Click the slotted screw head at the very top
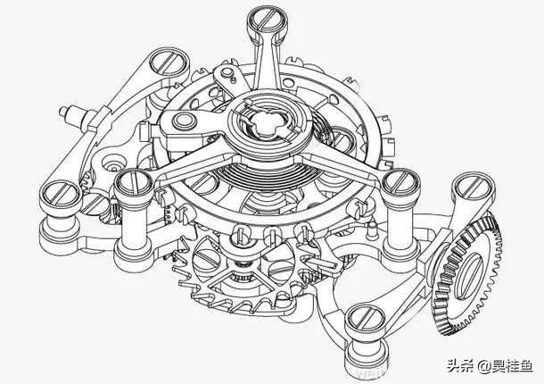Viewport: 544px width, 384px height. (267, 19)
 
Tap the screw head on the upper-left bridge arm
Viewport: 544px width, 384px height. (169, 61)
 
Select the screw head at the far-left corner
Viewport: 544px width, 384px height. (60, 193)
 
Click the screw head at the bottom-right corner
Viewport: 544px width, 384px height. (366, 318)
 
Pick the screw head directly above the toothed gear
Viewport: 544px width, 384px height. (474, 185)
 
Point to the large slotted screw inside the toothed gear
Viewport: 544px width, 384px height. (471, 276)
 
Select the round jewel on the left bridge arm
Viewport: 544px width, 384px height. (185, 121)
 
